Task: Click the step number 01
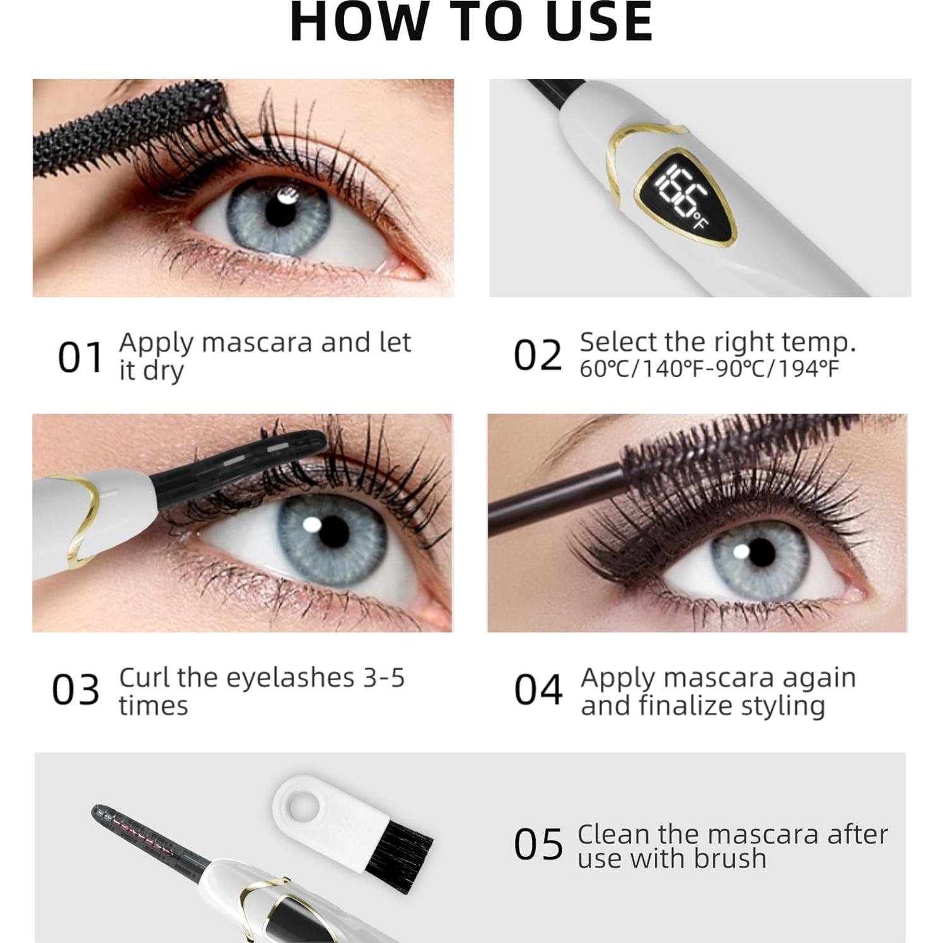pyautogui.click(x=80, y=357)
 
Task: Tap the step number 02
pyautogui.click(x=537, y=355)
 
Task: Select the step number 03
pyautogui.click(x=76, y=690)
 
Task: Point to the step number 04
pyautogui.click(x=538, y=690)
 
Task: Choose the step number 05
pyautogui.click(x=538, y=845)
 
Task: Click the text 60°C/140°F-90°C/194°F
pyautogui.click(x=709, y=369)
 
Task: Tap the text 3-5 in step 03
pyautogui.click(x=383, y=678)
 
